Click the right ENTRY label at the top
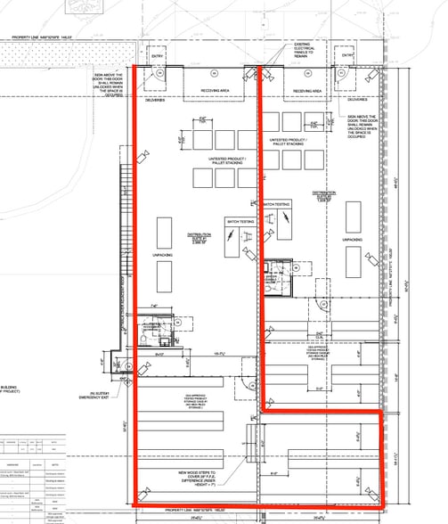345,55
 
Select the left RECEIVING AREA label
216,90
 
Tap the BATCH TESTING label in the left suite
239,221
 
